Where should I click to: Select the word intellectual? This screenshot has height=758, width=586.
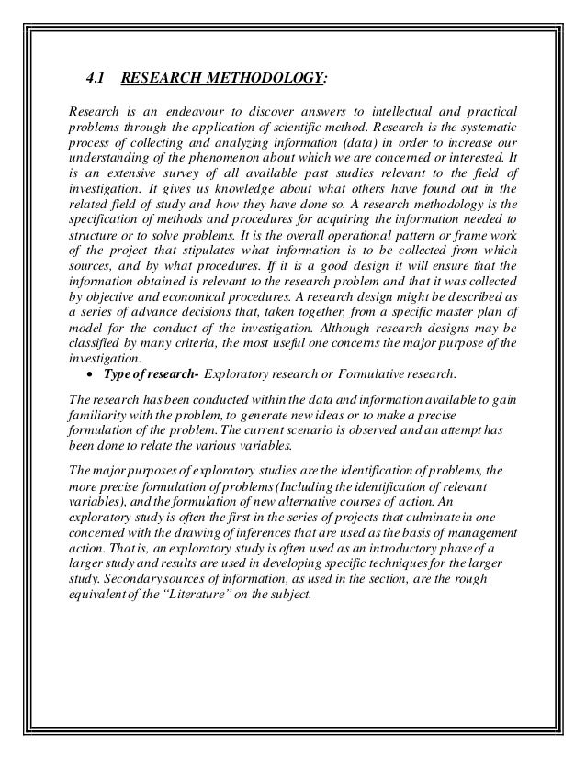[382, 111]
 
